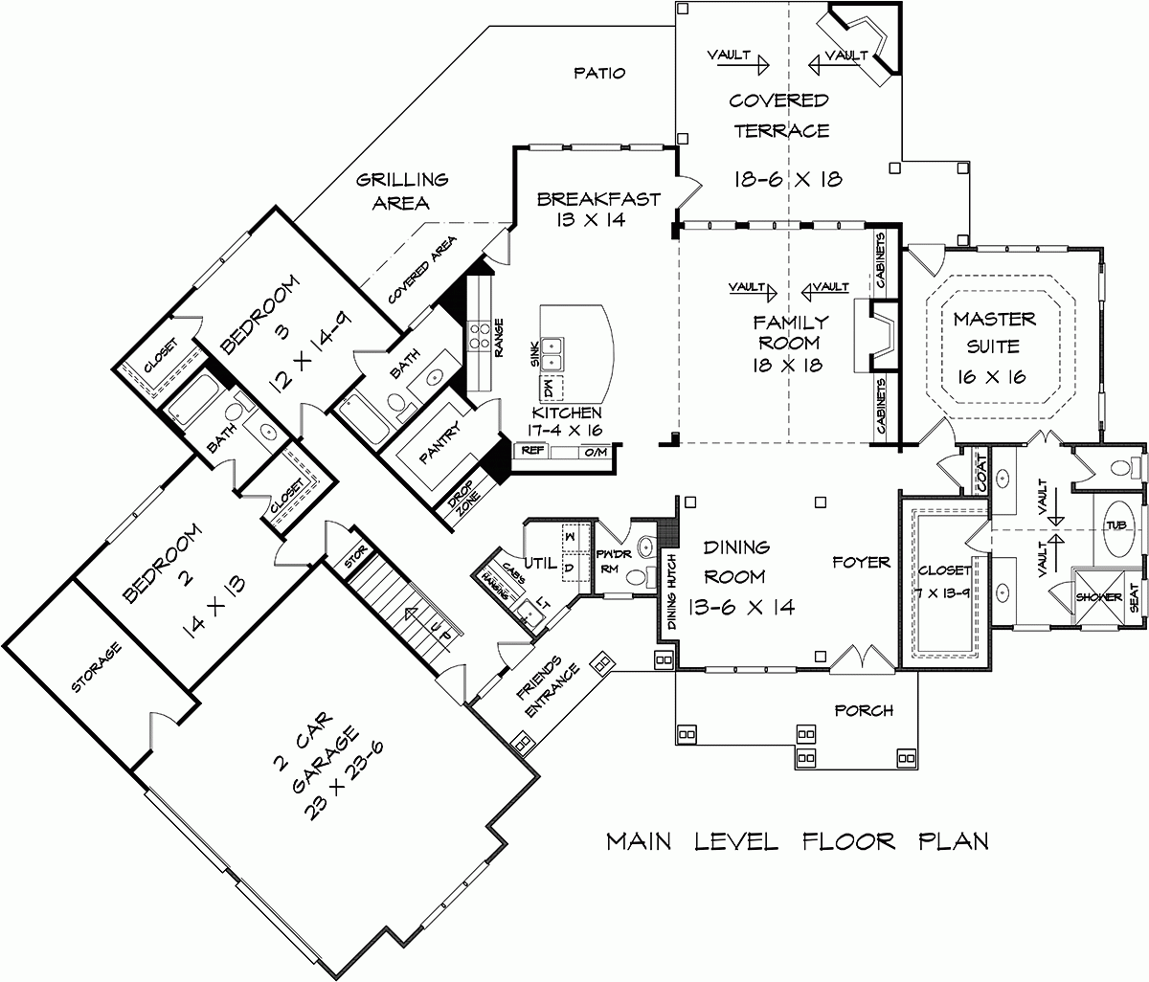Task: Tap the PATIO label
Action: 599,73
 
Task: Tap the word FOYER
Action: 860,563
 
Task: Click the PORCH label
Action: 864,710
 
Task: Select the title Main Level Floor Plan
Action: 798,841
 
